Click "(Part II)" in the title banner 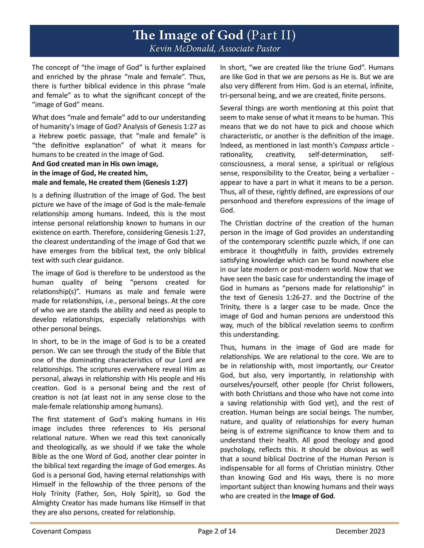(x=271, y=36)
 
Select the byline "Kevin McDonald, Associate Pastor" (x=215, y=48)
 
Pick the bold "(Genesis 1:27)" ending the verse (x=165, y=182)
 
